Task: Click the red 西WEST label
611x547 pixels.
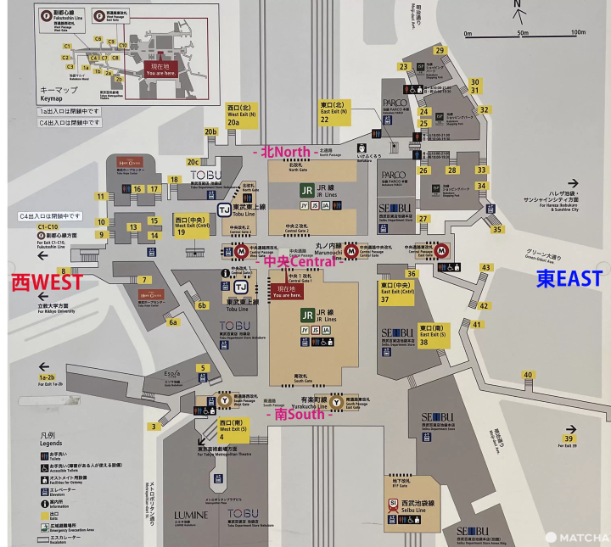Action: tap(47, 282)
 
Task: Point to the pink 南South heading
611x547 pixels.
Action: tap(296, 415)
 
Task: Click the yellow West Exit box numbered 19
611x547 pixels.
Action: tap(192, 226)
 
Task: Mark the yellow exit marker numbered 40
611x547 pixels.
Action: tap(528, 375)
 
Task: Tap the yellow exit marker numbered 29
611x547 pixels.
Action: tap(440, 50)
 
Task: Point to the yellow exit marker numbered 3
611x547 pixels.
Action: tap(154, 426)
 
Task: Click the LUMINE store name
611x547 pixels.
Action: tap(191, 516)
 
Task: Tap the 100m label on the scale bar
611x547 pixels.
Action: tap(577, 32)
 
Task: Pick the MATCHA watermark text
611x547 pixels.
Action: tap(582, 538)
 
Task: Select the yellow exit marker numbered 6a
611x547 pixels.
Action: tap(173, 322)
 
